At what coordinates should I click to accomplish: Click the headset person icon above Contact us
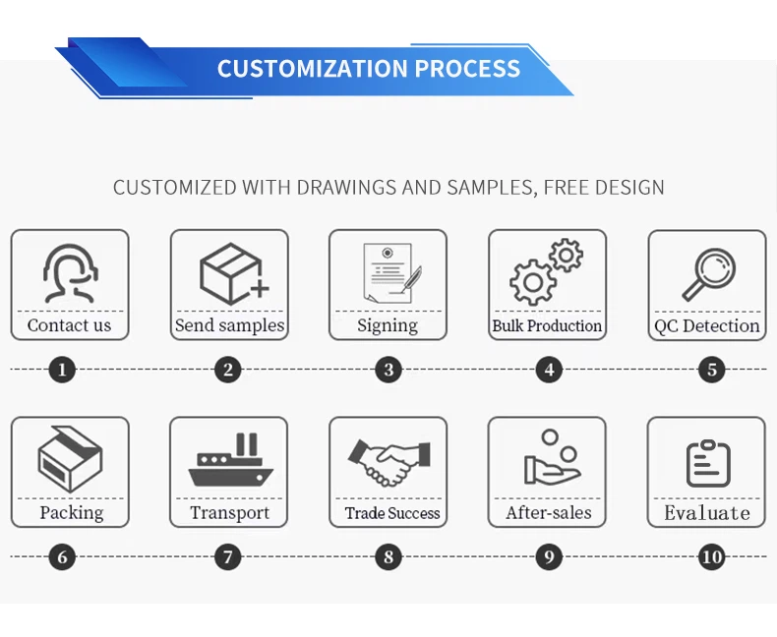[x=70, y=273]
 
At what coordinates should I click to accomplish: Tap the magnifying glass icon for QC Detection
[x=708, y=274]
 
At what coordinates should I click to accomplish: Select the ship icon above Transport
[x=230, y=460]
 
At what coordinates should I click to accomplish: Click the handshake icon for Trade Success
[x=389, y=462]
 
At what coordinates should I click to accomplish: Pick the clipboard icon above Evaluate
[x=708, y=463]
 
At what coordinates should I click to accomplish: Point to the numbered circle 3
[x=388, y=370]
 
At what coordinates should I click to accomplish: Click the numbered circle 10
[x=711, y=556]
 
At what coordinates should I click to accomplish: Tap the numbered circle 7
[x=228, y=556]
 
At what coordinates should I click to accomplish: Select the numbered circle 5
[x=711, y=370]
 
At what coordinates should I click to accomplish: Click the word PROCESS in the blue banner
[x=467, y=69]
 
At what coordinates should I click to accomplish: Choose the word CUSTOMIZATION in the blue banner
[x=313, y=69]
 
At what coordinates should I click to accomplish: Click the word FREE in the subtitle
[x=566, y=188]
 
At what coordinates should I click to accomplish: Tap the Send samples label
[x=229, y=325]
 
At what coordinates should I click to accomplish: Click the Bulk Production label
[x=547, y=326]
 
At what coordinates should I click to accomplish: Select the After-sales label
[x=549, y=513]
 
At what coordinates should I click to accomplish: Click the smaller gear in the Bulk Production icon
[x=566, y=256]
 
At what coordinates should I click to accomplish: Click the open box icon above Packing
[x=70, y=459]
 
